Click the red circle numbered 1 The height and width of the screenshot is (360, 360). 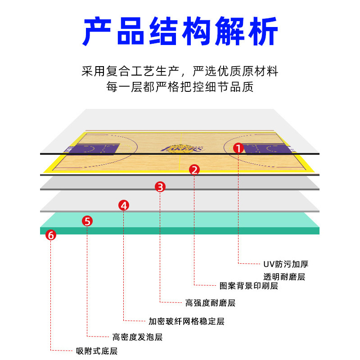(238, 148)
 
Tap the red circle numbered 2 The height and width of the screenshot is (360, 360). (194, 170)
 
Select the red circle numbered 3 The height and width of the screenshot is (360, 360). (161, 186)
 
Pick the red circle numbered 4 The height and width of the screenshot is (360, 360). (124, 205)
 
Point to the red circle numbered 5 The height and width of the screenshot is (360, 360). (88, 221)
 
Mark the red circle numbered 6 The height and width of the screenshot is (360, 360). (51, 234)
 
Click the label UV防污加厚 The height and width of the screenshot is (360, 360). (286, 264)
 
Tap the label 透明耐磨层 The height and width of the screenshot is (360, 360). (284, 277)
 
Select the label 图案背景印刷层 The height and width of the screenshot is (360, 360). (248, 286)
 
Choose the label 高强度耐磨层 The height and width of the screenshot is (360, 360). (210, 303)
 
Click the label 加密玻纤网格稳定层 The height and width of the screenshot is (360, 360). (186, 321)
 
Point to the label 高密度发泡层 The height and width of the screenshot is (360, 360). (137, 337)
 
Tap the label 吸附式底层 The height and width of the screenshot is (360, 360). (97, 351)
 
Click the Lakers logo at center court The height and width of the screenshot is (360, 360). (180, 148)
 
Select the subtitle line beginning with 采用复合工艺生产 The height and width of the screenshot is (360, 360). (180, 71)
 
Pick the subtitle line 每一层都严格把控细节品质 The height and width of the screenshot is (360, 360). (180, 86)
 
